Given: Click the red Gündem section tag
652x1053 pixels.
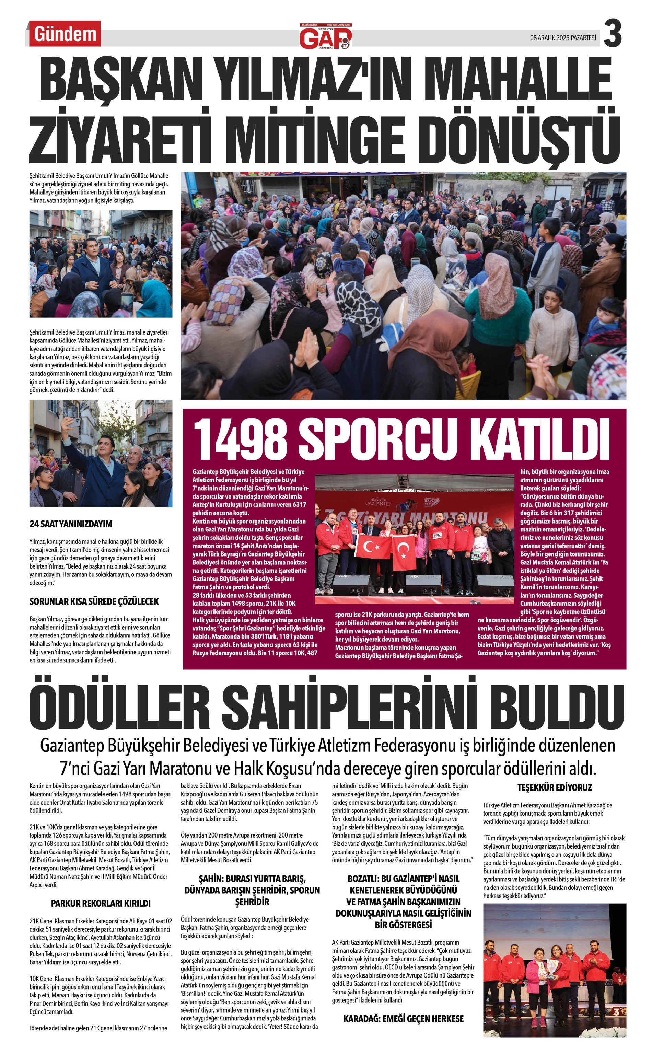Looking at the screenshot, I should [65, 34].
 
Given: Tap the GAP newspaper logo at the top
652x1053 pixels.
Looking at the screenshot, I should [326, 37].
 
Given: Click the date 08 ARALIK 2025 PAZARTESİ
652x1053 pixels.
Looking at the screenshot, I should [563, 38].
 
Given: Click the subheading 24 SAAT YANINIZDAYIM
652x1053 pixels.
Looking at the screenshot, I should [71, 524].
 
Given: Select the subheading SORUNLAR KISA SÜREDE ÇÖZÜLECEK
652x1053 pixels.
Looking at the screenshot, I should [94, 601].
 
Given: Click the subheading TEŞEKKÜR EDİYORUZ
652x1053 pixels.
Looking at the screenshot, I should [555, 787].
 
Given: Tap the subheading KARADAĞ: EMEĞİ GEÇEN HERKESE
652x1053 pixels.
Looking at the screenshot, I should [403, 1019].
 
